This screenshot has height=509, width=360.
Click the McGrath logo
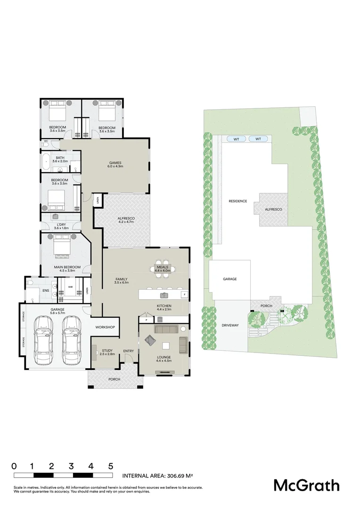[x=306, y=485]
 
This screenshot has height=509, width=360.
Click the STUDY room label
[x=107, y=350]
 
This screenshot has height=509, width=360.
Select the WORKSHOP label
[x=105, y=327]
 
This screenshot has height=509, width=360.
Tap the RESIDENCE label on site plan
[x=237, y=201]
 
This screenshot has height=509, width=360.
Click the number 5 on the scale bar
[x=111, y=466]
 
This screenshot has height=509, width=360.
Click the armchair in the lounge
[x=151, y=340]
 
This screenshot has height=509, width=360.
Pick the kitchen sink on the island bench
[x=164, y=296]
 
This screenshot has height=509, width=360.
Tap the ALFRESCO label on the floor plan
[x=126, y=219]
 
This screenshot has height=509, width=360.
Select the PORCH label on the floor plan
[x=114, y=379]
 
